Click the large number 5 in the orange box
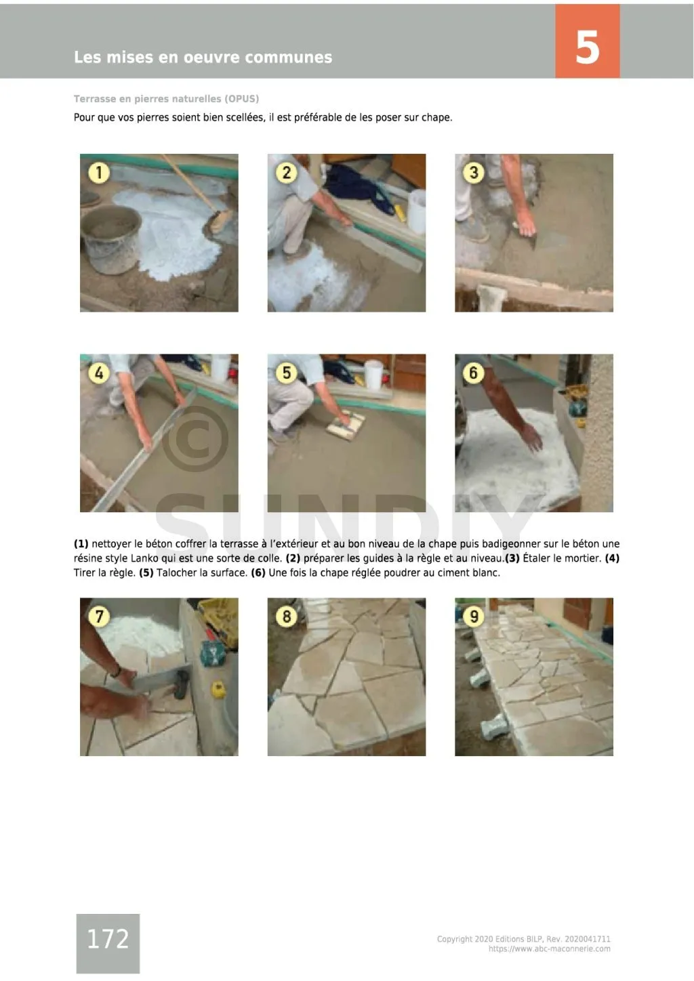[x=587, y=47]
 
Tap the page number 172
[x=108, y=938]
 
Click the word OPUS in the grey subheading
[x=241, y=99]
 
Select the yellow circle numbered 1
[x=98, y=173]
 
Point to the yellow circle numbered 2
[x=286, y=173]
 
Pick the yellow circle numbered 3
[x=474, y=173]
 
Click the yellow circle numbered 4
[x=98, y=373]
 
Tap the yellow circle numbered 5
[x=286, y=373]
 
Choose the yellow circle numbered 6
[x=474, y=373]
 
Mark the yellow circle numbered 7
[x=98, y=617]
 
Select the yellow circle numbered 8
[x=286, y=617]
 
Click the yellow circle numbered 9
[x=474, y=617]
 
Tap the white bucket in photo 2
[x=417, y=211]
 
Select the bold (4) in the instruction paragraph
[x=612, y=558]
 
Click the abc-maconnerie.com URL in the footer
[x=550, y=949]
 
